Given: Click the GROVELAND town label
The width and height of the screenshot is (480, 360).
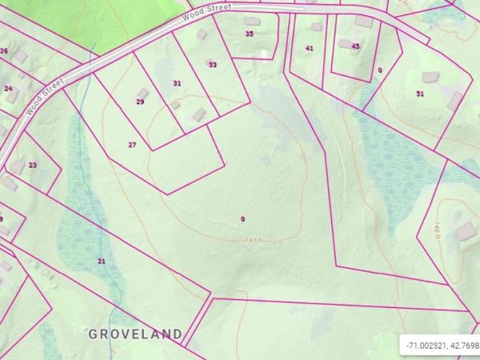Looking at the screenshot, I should click(x=135, y=333).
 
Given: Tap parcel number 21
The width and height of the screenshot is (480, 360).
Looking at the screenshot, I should click(x=102, y=262).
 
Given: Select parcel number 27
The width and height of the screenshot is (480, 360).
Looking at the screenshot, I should click(x=133, y=145).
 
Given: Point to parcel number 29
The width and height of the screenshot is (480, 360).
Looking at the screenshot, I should click(x=140, y=102).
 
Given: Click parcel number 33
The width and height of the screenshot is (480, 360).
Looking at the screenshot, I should click(x=213, y=65).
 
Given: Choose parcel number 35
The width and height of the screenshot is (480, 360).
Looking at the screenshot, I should click(x=250, y=34).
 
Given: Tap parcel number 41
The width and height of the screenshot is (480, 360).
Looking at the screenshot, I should click(x=309, y=48).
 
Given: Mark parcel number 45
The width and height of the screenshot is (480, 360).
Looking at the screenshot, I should click(x=355, y=46).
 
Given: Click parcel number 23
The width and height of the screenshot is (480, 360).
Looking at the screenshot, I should click(x=33, y=165).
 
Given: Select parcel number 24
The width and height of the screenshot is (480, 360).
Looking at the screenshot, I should click(x=8, y=89).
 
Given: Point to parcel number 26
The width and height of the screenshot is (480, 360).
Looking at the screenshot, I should click(x=5, y=51).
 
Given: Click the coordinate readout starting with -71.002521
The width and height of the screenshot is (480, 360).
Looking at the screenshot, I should click(x=442, y=345).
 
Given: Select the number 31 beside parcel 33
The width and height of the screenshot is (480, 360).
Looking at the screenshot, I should click(x=177, y=83).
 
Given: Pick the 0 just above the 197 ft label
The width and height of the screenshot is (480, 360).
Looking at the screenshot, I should click(x=242, y=219).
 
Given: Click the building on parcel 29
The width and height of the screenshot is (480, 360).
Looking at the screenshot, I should click(x=143, y=93).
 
